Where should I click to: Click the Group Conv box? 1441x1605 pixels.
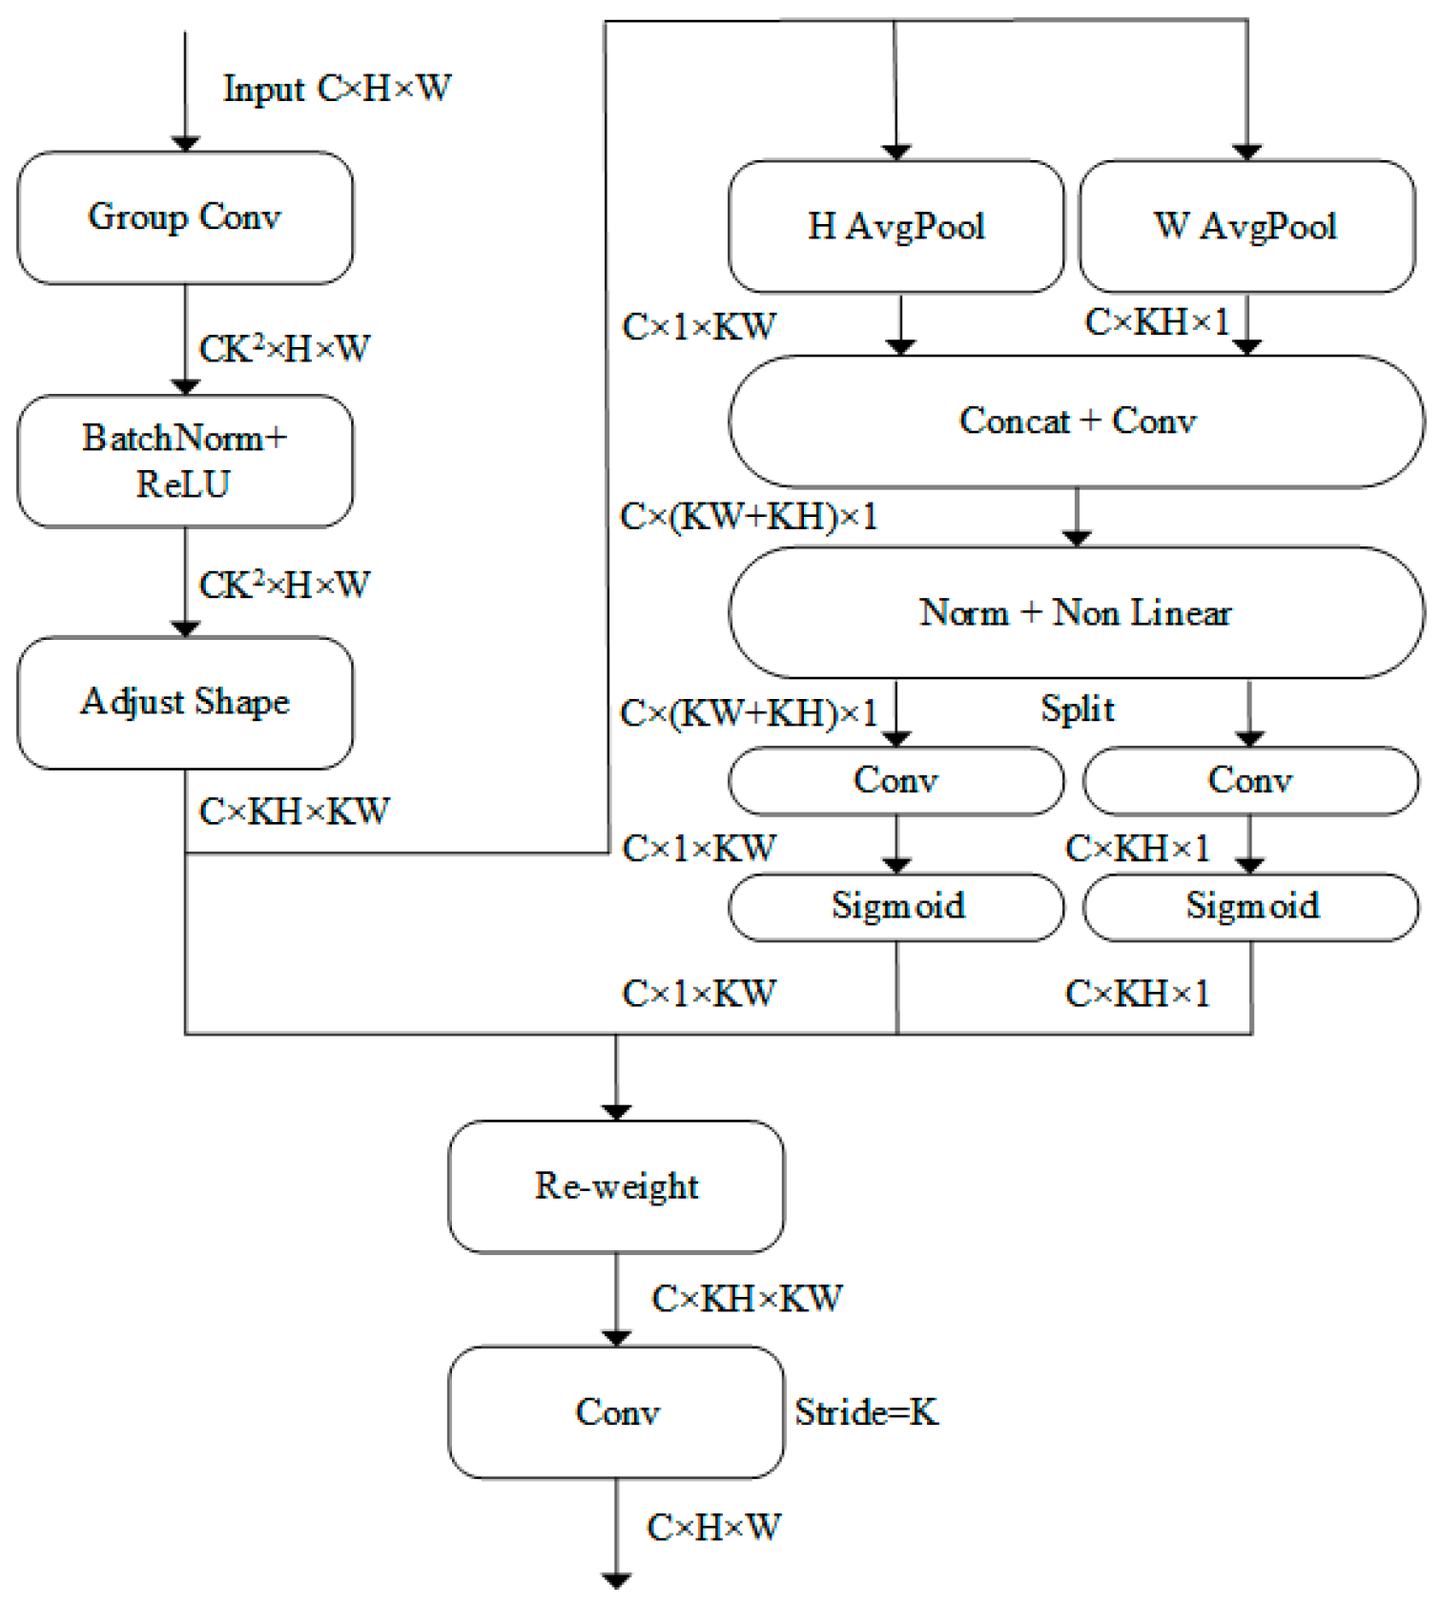click(185, 217)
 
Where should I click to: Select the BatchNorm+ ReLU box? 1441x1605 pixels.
click(185, 461)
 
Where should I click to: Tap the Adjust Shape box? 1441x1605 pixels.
click(185, 703)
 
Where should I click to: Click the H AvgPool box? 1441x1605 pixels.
click(895, 226)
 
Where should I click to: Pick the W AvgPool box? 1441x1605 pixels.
click(1245, 226)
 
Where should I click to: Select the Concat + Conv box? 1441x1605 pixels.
click(1077, 421)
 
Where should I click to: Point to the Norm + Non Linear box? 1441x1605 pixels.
click(1077, 612)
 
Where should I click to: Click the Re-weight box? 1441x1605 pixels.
click(616, 1186)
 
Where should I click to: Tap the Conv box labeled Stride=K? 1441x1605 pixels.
click(616, 1412)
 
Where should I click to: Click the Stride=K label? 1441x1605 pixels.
click(866, 1412)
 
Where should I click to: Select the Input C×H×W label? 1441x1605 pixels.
click(337, 89)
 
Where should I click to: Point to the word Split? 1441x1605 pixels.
click(1077, 709)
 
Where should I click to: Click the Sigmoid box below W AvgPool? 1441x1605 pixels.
click(1251, 906)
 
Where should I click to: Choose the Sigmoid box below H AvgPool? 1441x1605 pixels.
click(896, 906)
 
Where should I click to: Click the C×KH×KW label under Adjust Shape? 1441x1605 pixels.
click(294, 812)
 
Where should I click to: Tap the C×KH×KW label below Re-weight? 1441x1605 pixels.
click(747, 1299)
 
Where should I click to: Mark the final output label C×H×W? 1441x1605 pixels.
click(713, 1528)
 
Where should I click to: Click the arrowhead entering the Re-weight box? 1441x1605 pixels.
click(616, 1112)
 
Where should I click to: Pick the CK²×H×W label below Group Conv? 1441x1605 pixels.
click(284, 348)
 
